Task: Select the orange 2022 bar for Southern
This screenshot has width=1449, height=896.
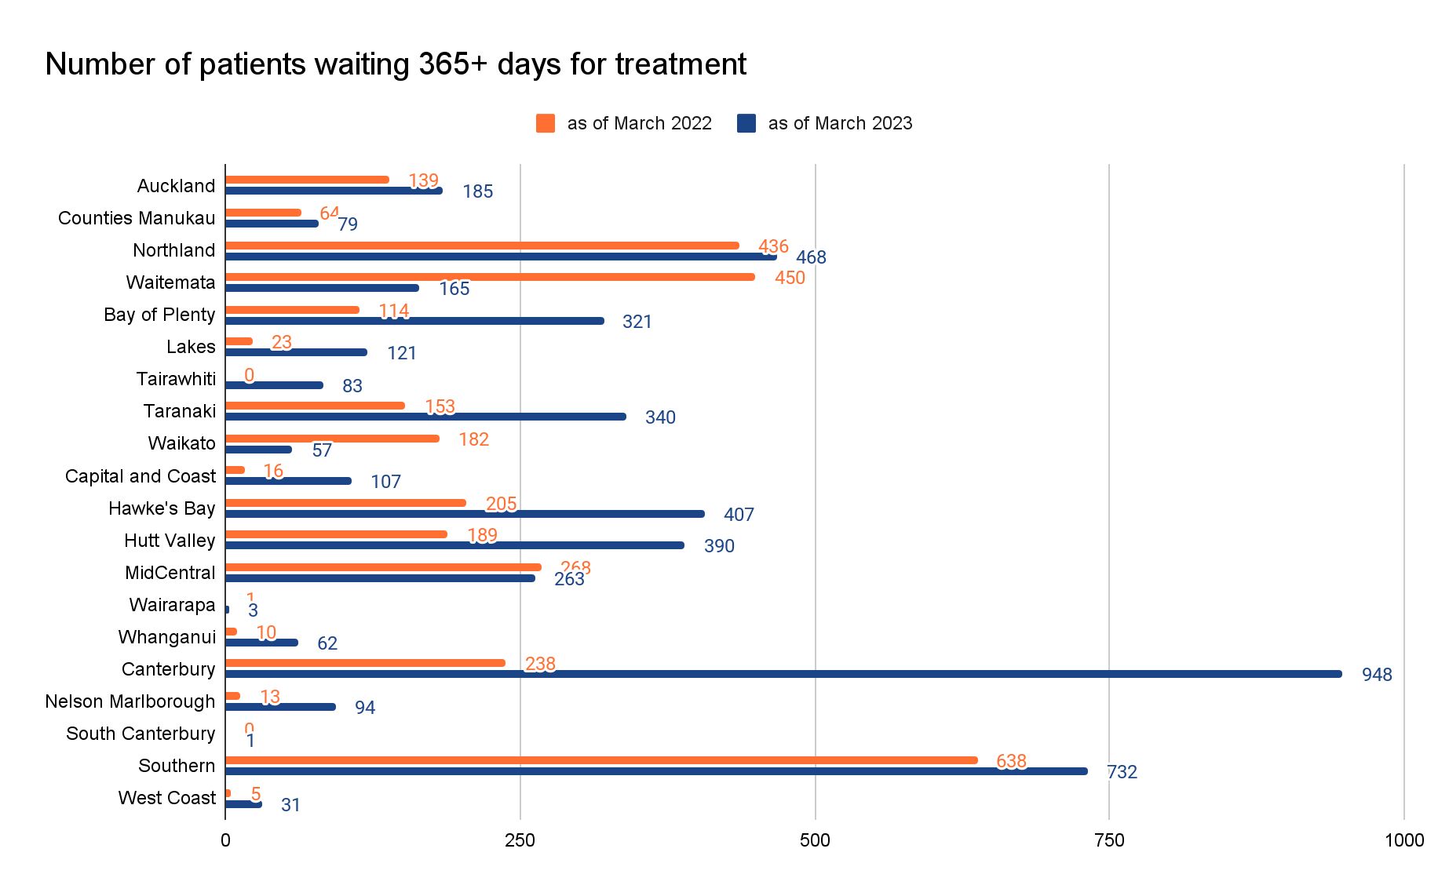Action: click(601, 760)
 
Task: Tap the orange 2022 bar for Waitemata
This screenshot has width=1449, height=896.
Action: click(490, 277)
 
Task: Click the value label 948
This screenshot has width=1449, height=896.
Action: click(1377, 675)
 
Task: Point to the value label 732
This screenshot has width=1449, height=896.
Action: click(1122, 772)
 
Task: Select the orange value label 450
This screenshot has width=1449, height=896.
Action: click(790, 278)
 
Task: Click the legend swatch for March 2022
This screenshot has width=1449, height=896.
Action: click(546, 123)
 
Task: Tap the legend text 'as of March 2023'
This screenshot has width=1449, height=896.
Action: click(840, 123)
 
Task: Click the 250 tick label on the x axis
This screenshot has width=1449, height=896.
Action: click(520, 840)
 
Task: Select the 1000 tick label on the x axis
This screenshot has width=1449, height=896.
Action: click(1403, 840)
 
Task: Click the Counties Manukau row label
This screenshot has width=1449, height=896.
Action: click(137, 218)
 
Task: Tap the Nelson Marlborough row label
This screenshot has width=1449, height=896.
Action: click(130, 701)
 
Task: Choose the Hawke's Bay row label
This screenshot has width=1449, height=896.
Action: click(162, 508)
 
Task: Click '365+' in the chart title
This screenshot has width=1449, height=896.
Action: click(453, 64)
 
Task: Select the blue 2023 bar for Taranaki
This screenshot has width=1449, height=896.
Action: click(425, 417)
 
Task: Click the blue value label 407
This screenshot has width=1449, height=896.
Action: click(739, 515)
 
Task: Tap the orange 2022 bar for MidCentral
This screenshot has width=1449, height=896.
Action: click(383, 567)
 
